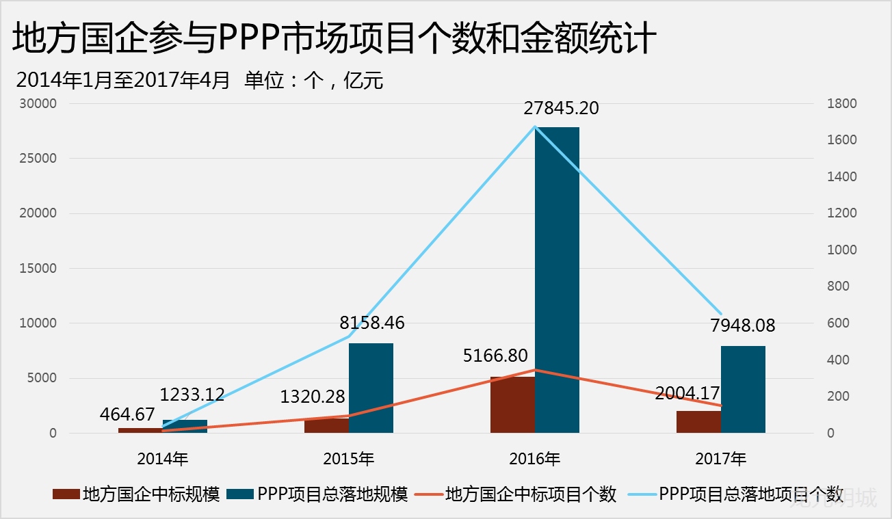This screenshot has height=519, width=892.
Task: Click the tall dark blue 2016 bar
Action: (x=557, y=280)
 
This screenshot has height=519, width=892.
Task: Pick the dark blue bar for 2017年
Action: (x=743, y=389)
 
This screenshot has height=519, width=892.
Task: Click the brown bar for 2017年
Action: (x=698, y=422)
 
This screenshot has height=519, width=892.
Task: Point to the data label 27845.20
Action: (x=561, y=108)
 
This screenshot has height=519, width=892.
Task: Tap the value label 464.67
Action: (x=127, y=414)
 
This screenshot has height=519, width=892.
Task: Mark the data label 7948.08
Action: (x=743, y=325)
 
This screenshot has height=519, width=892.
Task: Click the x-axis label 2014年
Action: (x=163, y=458)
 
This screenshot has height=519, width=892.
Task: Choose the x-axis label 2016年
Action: (x=535, y=458)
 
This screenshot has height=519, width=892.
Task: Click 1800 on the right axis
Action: (x=841, y=104)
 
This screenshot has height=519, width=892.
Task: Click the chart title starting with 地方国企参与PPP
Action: (x=335, y=39)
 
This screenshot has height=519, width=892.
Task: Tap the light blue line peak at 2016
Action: (x=535, y=127)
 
